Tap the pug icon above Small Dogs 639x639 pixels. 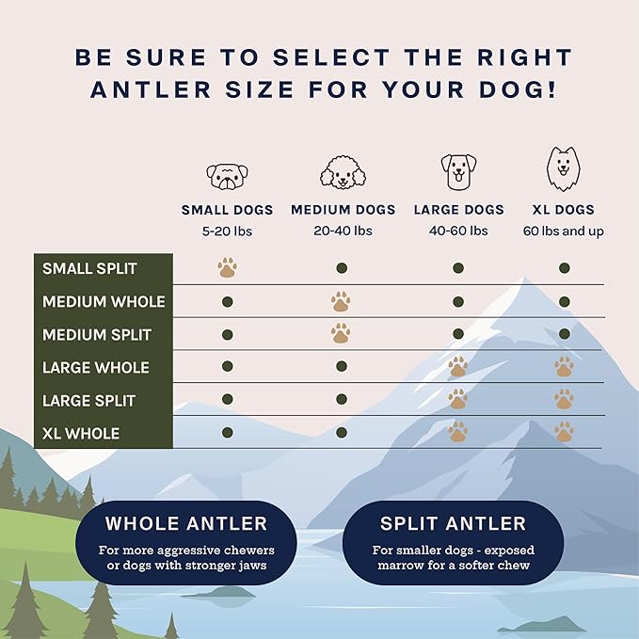point(227,174)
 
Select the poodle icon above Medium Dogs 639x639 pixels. point(342,172)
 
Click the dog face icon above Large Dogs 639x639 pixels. point(458,172)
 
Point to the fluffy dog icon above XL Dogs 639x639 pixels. point(563,169)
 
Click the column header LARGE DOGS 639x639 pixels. point(458,210)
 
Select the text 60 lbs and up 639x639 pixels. point(563,231)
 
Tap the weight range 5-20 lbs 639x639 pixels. point(227,231)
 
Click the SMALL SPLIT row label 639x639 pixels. point(89,269)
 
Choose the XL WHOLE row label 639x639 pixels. point(81,434)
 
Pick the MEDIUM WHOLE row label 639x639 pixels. point(104,302)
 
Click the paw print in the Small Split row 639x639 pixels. point(227,268)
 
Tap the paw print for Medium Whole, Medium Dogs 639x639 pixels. point(341,301)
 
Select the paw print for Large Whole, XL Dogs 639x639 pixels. point(564,367)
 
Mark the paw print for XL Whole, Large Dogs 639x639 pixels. point(457,432)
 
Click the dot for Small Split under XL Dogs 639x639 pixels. point(564,268)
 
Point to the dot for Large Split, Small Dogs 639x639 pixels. point(227,399)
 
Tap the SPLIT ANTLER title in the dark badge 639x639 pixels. point(452,524)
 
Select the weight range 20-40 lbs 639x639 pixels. point(343,231)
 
